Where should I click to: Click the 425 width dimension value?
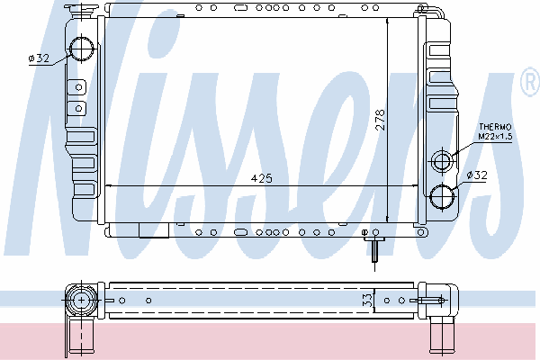tap(261, 178)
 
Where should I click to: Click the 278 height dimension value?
tap(380, 120)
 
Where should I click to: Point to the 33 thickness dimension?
tap(368, 300)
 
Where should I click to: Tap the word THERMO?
tap(495, 127)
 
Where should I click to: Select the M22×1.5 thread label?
tap(495, 136)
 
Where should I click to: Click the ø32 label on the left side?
tap(39, 58)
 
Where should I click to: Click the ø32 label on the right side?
tap(477, 175)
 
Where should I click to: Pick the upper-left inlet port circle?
tap(82, 49)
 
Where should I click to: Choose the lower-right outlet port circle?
tap(442, 196)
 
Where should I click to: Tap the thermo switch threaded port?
tap(442, 161)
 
